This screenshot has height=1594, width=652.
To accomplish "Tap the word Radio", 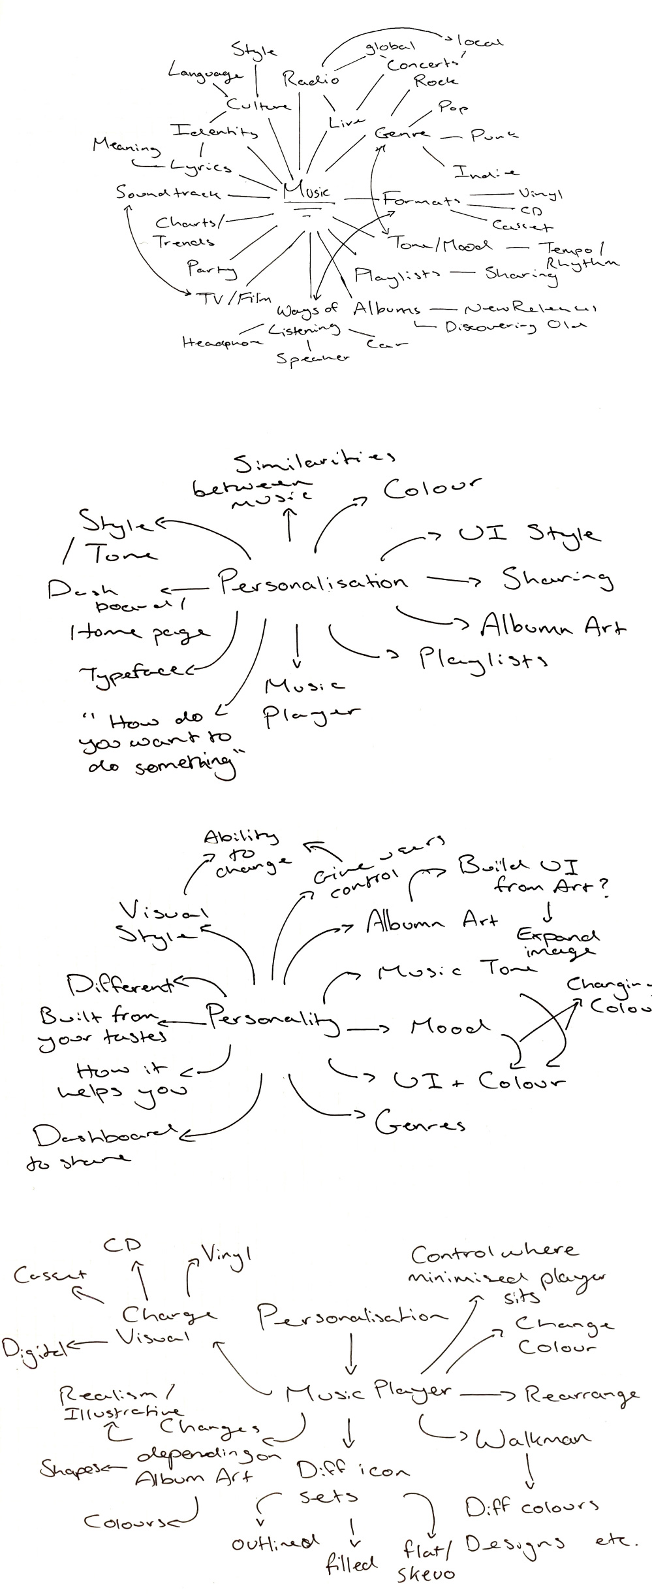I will [311, 79].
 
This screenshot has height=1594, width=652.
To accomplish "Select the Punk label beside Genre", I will [494, 135].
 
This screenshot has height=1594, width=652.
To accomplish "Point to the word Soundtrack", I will [168, 193].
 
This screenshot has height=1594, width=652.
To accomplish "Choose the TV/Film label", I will [233, 299].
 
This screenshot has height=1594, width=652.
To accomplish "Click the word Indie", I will [486, 172].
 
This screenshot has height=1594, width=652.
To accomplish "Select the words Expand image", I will [557, 942].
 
